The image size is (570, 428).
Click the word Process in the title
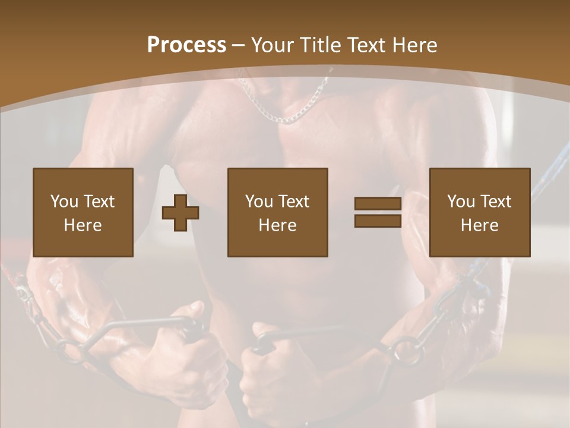(x=186, y=45)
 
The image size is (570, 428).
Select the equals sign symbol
(x=378, y=212)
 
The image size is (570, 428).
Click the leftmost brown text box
(x=83, y=212)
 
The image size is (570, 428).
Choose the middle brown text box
(x=277, y=212)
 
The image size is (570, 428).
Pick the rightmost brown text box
(x=479, y=212)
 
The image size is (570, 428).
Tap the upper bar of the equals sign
(x=378, y=204)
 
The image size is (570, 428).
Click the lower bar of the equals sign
(x=378, y=221)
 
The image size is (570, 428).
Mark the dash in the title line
(x=239, y=45)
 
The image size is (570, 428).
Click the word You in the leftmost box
(x=63, y=202)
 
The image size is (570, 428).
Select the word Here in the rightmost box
(x=479, y=225)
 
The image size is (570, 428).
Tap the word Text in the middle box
(x=294, y=202)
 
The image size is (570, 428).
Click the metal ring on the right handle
(x=407, y=351)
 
